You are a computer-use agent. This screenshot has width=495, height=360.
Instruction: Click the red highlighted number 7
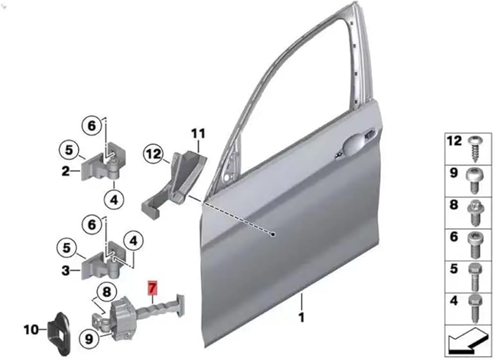(x=153, y=288)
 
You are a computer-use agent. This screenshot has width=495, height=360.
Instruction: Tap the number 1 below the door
(x=302, y=317)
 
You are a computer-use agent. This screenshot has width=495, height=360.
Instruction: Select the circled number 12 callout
(x=154, y=154)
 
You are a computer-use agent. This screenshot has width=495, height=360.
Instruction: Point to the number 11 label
(x=198, y=134)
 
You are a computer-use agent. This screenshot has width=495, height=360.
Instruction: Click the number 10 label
(x=31, y=330)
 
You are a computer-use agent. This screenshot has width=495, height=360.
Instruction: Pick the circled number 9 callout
(x=89, y=339)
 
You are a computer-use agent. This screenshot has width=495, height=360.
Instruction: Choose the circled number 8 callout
(x=107, y=292)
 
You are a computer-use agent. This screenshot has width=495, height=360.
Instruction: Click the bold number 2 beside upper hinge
(x=65, y=172)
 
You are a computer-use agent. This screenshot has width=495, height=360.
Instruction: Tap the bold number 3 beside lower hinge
(x=65, y=270)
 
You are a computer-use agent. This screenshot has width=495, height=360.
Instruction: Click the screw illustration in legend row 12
(x=473, y=149)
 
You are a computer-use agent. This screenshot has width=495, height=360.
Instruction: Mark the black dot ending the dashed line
(x=273, y=234)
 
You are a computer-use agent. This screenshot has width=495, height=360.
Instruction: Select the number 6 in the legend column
(x=453, y=236)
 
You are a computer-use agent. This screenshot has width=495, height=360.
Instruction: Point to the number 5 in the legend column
(x=453, y=269)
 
